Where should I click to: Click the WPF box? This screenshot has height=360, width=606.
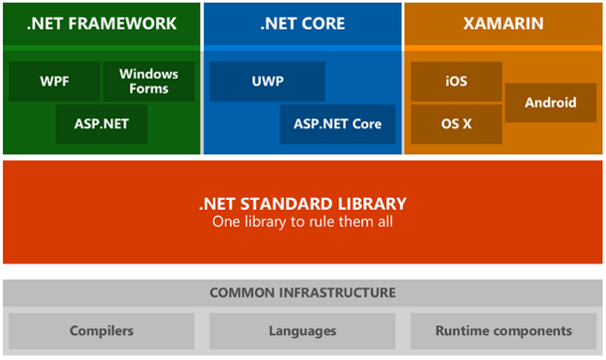coord(55,82)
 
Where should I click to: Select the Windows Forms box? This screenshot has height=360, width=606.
coord(149,82)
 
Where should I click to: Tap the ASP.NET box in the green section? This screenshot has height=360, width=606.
coord(101,124)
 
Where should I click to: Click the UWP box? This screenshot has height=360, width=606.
coord(268,82)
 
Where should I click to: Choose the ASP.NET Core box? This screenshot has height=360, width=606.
coord(337,124)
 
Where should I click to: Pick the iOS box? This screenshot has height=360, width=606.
coord(455,82)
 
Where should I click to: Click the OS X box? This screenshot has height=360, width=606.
coord(455,124)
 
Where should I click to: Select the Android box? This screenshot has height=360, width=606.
coord(549,102)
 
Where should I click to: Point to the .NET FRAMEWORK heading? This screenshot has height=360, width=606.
coord(101,23)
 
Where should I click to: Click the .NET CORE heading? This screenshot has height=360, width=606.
coord(303,23)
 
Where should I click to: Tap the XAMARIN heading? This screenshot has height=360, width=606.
coord(503,23)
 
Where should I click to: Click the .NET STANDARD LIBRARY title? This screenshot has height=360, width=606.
coord(303,204)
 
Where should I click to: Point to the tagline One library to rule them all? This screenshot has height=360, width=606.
coord(303,222)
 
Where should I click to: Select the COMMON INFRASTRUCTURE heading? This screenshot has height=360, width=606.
coord(303,293)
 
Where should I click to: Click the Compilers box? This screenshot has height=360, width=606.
coord(101,330)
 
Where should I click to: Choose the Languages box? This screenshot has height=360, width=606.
coord(303,330)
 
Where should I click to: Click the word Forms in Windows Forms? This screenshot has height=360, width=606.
coord(149,90)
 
